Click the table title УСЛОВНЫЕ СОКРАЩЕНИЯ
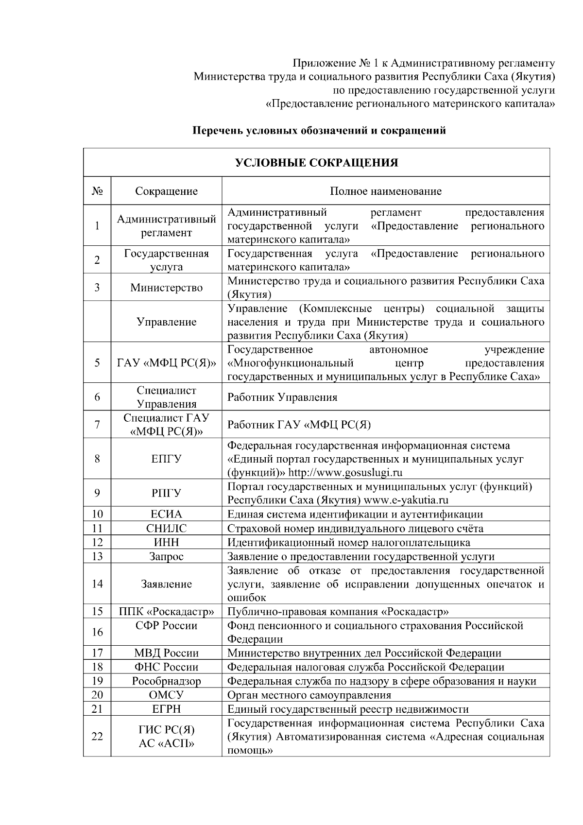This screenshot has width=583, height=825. point(316,163)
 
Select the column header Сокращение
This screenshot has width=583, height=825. point(166,191)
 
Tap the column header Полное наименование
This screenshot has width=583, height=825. point(386,191)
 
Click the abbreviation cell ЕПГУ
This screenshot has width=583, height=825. point(166,459)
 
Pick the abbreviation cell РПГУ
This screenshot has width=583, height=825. point(166,493)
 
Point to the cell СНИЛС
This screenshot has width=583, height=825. point(166,529)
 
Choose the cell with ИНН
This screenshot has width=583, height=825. point(166,542)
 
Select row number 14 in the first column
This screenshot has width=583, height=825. point(97,584)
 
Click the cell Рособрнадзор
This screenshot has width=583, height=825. point(166,681)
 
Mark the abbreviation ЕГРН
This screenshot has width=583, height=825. point(166,709)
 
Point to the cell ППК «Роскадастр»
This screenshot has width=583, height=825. point(166,611)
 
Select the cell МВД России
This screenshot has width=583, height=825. point(166,653)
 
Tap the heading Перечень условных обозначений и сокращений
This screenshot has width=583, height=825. point(319,131)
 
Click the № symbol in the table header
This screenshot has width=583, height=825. point(97,191)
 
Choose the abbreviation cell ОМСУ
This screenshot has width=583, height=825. point(166,695)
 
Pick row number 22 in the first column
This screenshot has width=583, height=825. point(97,737)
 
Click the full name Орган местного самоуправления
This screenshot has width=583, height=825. point(309,695)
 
